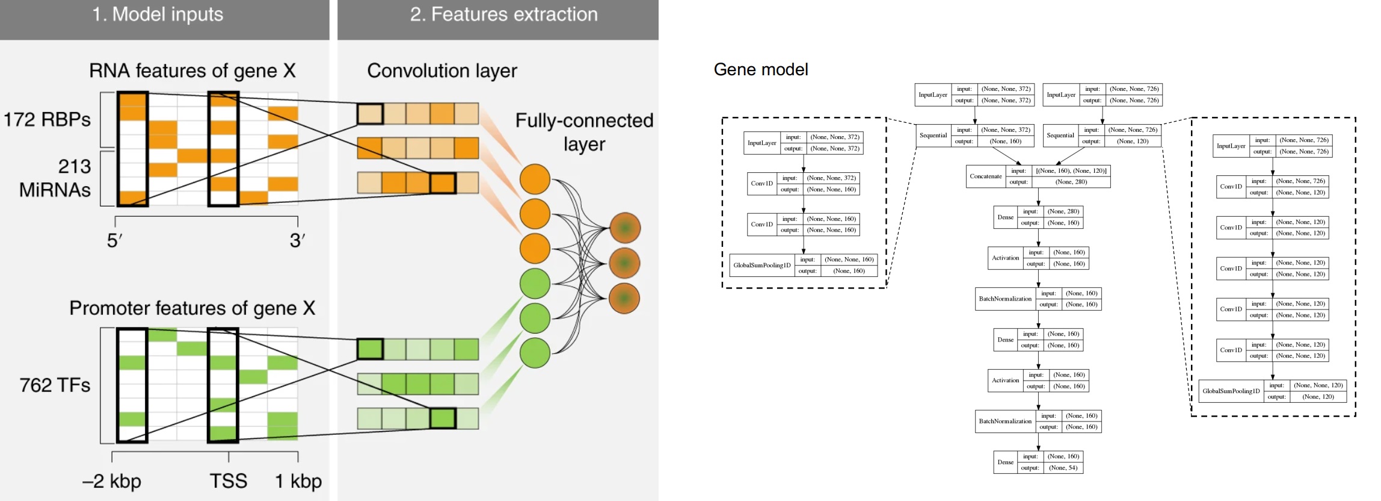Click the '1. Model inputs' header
(x=158, y=14)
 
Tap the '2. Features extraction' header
(x=503, y=14)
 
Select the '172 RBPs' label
(x=47, y=119)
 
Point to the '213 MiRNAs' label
(x=55, y=178)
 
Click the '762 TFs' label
(x=55, y=385)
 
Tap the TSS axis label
(x=228, y=481)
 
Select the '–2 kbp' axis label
(x=112, y=481)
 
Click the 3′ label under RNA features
(x=297, y=241)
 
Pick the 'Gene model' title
(x=760, y=70)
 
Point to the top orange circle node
(x=535, y=179)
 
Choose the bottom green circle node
(x=535, y=353)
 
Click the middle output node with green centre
(x=624, y=263)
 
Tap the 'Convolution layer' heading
(x=441, y=71)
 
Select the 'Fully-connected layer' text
(x=583, y=132)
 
